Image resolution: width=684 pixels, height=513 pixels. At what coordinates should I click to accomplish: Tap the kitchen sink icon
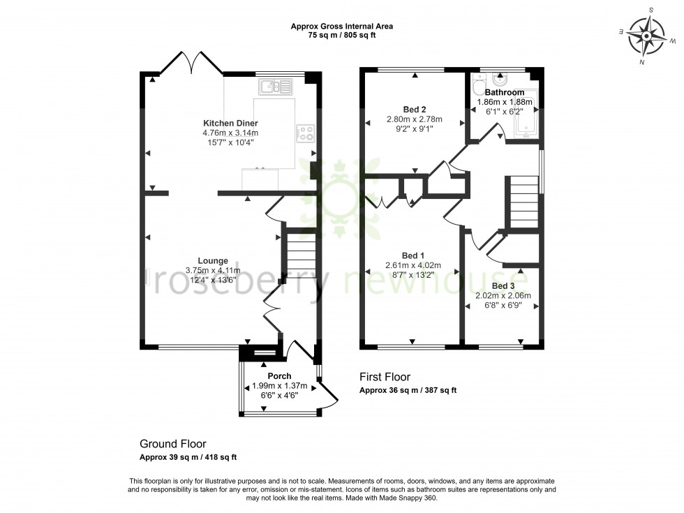click(x=277, y=87)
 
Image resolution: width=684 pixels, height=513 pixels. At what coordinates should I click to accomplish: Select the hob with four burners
click(x=305, y=133)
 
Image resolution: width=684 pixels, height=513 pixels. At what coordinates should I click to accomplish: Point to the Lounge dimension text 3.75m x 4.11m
click(x=213, y=271)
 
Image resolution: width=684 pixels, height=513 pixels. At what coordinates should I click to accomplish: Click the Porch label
click(x=279, y=376)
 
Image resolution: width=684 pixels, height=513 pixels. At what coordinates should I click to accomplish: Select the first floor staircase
click(x=523, y=202)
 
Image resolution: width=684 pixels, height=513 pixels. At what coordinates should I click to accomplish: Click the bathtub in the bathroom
click(x=525, y=115)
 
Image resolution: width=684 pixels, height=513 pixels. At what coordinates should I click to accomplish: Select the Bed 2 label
click(x=415, y=110)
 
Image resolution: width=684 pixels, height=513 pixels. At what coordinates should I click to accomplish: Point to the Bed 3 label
click(x=503, y=286)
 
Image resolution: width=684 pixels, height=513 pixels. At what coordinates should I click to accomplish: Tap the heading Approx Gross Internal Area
click(x=342, y=27)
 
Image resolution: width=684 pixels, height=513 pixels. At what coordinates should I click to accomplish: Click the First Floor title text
click(x=385, y=378)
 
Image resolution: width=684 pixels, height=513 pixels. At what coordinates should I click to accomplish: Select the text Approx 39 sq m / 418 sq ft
click(x=188, y=458)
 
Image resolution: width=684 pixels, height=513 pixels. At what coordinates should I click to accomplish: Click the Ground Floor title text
click(x=173, y=444)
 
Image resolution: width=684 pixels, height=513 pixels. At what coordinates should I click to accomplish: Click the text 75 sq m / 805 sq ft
click(x=342, y=36)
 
